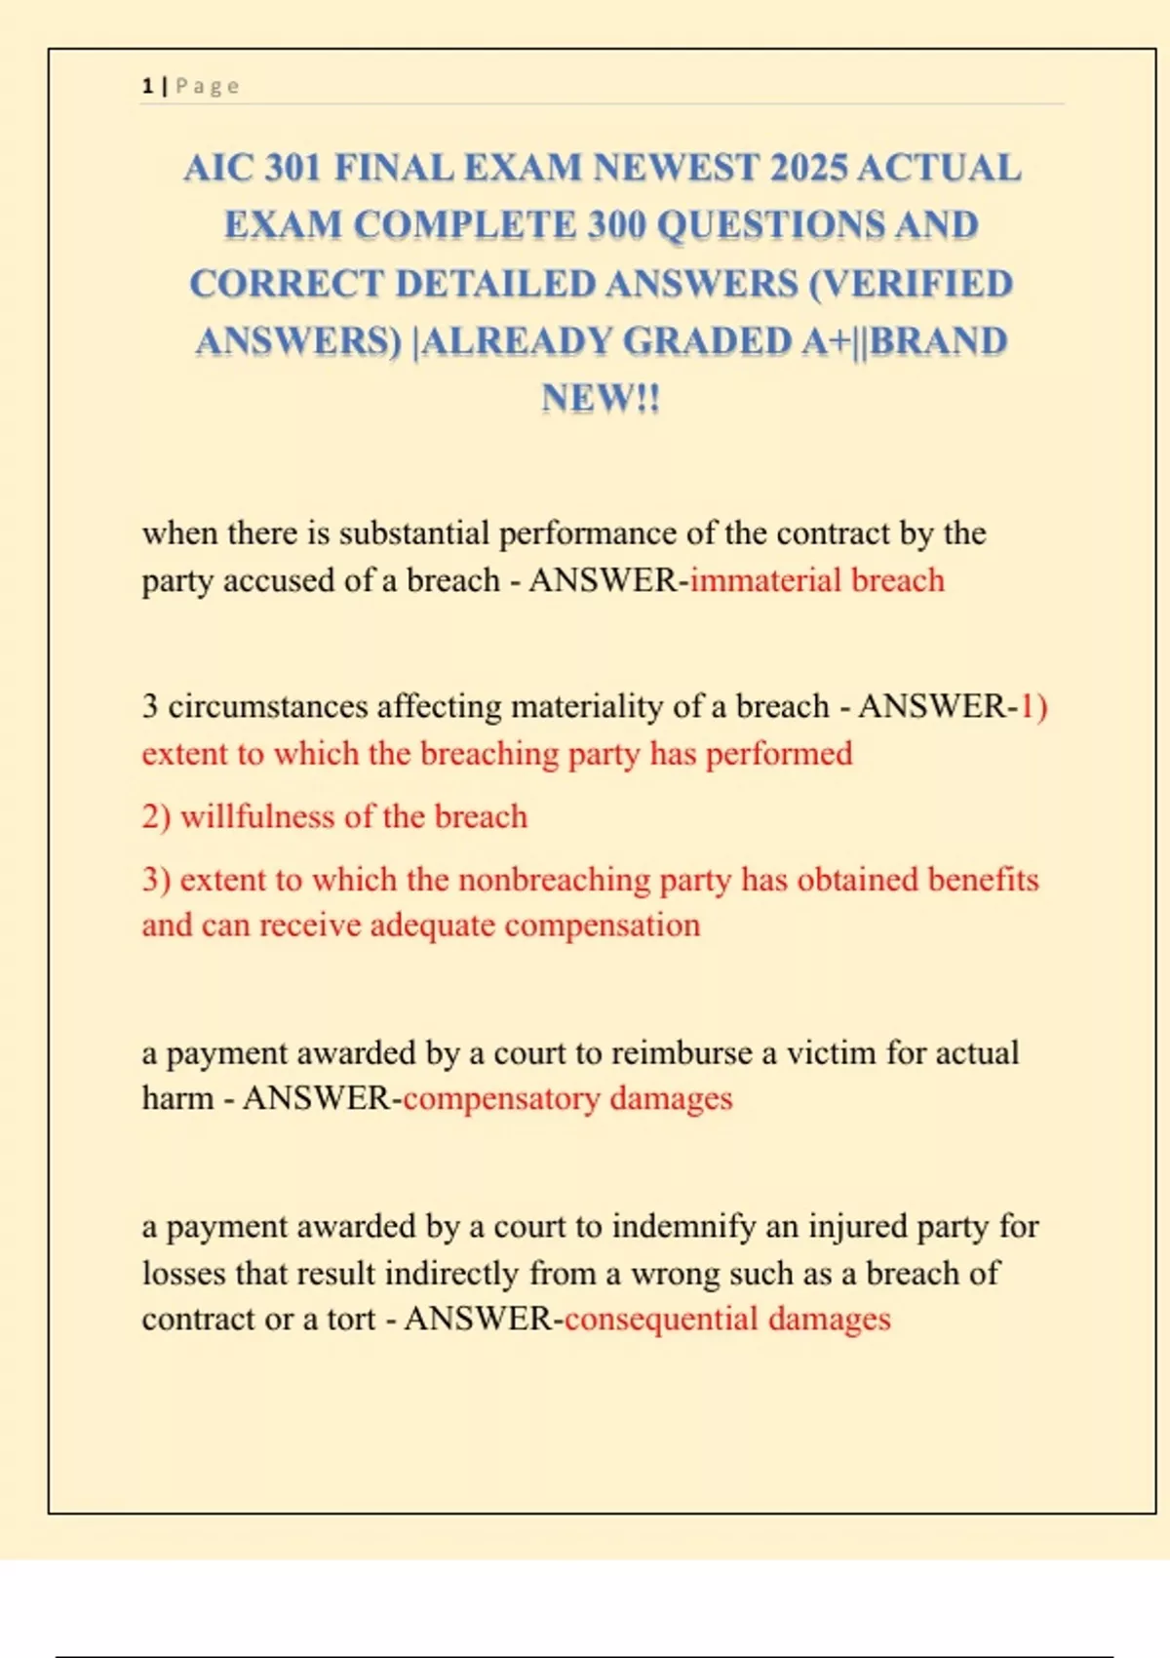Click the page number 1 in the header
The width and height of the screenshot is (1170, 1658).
(x=147, y=86)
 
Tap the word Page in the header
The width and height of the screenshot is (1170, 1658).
(x=207, y=86)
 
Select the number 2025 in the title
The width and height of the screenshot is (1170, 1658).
(x=808, y=168)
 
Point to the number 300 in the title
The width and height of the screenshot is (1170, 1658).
(x=616, y=225)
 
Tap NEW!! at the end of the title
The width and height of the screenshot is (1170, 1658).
(x=601, y=398)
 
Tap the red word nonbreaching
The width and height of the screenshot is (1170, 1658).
(x=554, y=880)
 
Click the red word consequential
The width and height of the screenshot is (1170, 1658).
(x=661, y=1320)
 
